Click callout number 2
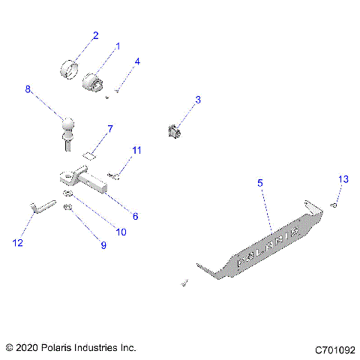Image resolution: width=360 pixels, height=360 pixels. [95, 34]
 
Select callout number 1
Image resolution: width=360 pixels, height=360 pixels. [117, 47]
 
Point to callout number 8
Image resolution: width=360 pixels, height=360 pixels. [28, 89]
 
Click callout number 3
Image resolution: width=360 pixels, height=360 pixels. [198, 99]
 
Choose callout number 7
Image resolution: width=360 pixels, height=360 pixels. [109, 130]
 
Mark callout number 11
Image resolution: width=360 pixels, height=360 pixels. [136, 151]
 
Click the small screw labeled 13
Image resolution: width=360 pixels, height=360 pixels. [334, 205]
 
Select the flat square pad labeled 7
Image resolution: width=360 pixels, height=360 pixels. [88, 157]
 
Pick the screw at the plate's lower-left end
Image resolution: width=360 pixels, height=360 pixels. [183, 283]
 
